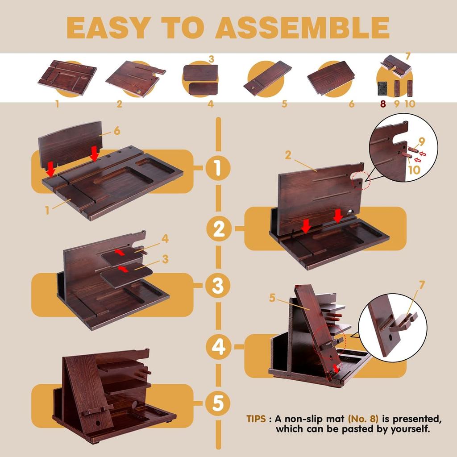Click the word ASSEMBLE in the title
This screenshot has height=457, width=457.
click(302, 27)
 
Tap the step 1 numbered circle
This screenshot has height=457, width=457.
click(218, 168)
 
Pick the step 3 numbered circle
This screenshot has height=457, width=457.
click(218, 285)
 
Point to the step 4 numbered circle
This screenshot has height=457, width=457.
click(218, 346)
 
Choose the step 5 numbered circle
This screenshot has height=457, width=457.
click(218, 403)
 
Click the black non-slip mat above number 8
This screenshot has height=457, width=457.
click(382, 88)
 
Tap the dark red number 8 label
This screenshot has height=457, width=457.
click(382, 104)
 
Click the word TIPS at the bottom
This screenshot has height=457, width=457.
click(256, 419)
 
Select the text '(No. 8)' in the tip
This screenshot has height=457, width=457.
click(363, 419)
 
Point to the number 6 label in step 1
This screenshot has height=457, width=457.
click(117, 131)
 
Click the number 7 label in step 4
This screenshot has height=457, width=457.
click(422, 285)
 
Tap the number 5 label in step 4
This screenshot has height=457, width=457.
click(272, 298)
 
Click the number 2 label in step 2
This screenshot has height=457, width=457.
click(288, 155)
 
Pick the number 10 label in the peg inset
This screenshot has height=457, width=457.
click(414, 170)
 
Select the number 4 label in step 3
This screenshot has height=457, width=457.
click(165, 239)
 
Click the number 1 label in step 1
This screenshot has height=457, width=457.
click(47, 210)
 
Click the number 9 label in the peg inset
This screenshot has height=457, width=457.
click(422, 141)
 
